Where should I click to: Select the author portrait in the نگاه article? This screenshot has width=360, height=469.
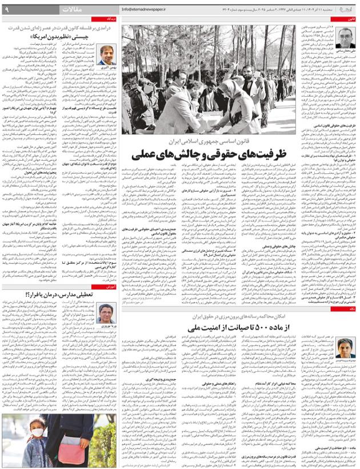(x=344, y=348)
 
